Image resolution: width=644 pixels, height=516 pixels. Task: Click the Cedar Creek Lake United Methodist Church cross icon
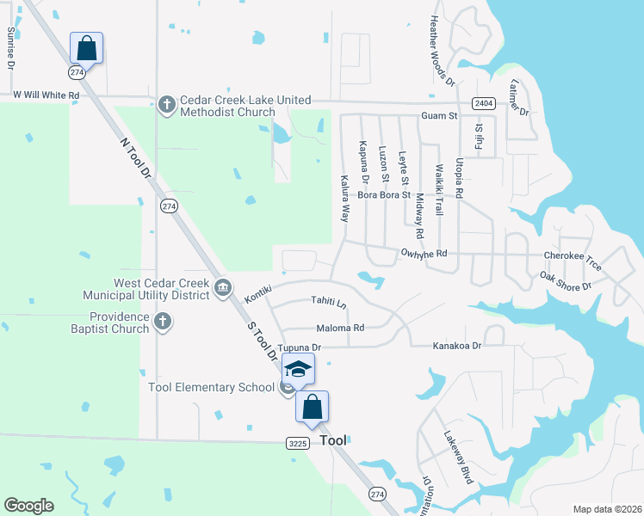167,106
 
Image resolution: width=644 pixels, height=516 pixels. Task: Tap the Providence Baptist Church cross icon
164,322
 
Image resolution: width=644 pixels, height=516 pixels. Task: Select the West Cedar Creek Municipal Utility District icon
223,288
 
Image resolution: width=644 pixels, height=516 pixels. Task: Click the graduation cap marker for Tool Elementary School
298,369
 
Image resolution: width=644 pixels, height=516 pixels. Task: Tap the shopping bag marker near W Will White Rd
87,47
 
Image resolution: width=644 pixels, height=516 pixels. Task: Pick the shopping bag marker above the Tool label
312,406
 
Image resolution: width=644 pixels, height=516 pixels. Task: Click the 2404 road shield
483,103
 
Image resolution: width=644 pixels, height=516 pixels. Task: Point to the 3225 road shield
298,441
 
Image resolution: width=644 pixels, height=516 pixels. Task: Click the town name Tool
332,440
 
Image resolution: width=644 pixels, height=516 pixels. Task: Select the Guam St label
439,115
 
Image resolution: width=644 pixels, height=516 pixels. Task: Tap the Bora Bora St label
384,196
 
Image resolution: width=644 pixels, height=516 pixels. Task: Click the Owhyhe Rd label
424,254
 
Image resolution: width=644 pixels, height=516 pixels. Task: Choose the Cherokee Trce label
573,255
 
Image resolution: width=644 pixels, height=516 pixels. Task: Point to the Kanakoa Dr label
456,345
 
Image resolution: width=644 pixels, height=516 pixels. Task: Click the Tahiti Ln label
329,304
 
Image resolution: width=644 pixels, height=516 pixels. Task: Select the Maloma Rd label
340,328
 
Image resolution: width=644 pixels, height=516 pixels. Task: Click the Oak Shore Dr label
566,280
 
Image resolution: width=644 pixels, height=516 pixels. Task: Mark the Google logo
28,506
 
